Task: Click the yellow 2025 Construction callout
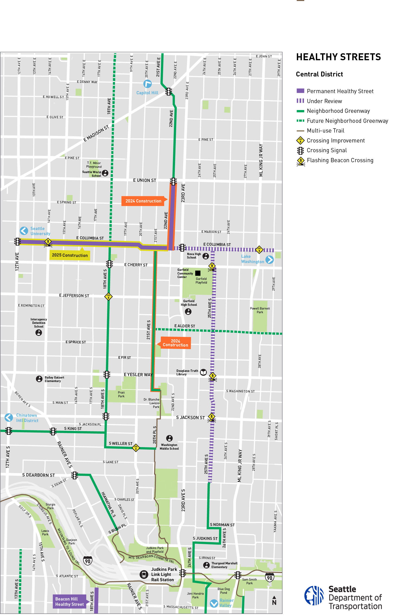[x=70, y=255]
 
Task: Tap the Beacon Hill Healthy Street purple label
[x=69, y=601]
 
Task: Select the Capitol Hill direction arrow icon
[x=147, y=84]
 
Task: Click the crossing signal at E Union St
[x=173, y=181]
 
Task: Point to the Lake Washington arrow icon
[x=269, y=260]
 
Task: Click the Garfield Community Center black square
[x=198, y=273]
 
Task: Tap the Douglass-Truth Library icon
[x=203, y=372]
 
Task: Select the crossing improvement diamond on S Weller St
[x=136, y=447]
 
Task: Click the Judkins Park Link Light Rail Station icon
[x=144, y=574]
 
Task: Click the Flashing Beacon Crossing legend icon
[x=300, y=161]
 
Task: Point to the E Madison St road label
[x=96, y=133]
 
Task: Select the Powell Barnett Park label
[x=260, y=310]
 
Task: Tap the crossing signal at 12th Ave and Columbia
[x=17, y=241]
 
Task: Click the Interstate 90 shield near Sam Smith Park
[x=270, y=578]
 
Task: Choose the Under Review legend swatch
[x=300, y=101]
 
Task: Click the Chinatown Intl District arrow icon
[x=9, y=417]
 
